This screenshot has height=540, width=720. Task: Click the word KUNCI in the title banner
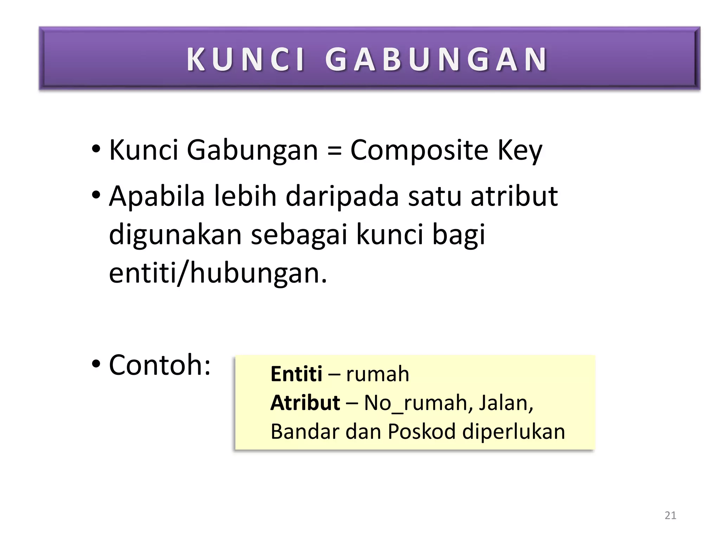245,59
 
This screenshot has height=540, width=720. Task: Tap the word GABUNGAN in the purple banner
436,59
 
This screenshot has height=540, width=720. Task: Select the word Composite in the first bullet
419,150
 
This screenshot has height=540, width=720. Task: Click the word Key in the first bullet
520,150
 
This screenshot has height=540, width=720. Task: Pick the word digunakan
175,234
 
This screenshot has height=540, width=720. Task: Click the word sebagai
299,234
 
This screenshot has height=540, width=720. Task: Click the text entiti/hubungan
218,273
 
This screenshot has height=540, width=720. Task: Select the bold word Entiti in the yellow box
296,374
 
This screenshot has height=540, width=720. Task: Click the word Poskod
422,431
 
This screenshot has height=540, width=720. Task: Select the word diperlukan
514,431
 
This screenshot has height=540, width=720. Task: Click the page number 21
670,515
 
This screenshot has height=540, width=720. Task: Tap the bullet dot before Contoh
96,364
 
